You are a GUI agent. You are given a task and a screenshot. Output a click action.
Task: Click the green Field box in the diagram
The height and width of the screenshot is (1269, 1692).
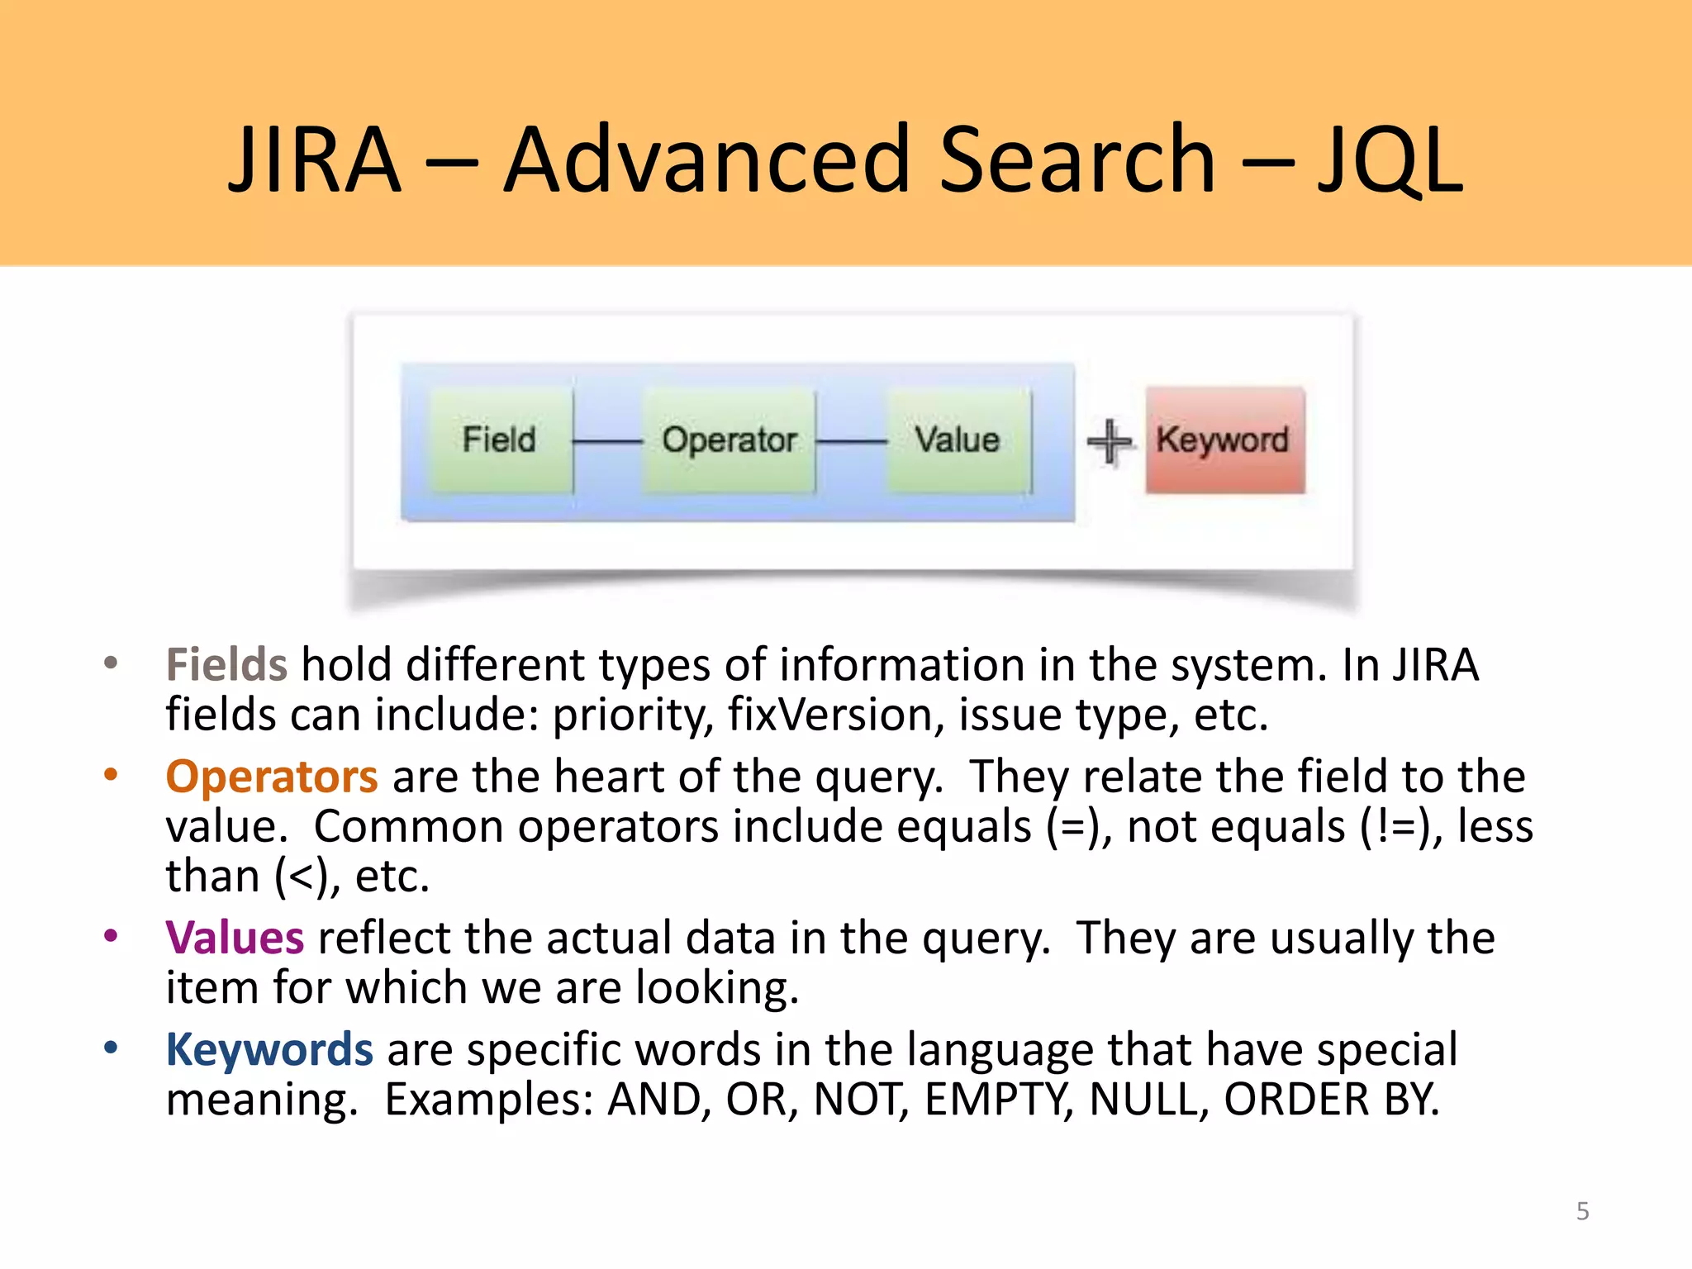pos(500,440)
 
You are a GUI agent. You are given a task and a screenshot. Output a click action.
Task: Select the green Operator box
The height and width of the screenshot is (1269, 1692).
pos(729,440)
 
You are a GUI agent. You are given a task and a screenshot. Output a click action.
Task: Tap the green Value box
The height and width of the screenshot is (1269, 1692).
pos(958,440)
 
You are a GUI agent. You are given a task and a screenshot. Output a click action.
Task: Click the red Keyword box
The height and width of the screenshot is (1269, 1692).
pos(1224,440)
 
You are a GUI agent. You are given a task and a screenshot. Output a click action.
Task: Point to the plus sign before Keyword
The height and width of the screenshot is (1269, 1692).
pos(1109,442)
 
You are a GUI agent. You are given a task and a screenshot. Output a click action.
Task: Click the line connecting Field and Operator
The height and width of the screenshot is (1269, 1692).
pos(607,442)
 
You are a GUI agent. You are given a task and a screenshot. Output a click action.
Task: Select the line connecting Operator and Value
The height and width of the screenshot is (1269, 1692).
pos(851,442)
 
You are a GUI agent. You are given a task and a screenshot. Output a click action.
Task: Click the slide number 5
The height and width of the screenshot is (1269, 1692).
pos(1582,1211)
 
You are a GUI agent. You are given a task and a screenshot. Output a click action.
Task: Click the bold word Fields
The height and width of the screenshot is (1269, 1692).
pos(226,665)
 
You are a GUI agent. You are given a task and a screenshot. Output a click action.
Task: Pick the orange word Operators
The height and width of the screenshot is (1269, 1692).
pos(272,777)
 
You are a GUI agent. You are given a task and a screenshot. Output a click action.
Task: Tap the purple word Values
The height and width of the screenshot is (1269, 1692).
pos(235,938)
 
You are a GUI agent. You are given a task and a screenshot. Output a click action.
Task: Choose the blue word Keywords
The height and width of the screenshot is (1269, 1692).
pos(269,1050)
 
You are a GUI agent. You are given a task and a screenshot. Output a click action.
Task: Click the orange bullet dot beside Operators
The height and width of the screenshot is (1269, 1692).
pos(111,774)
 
